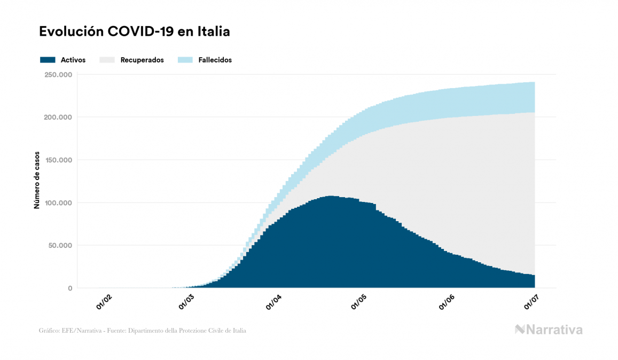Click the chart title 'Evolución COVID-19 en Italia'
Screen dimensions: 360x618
[135, 32]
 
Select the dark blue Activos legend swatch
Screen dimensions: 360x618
[48, 60]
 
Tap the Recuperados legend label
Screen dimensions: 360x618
[142, 60]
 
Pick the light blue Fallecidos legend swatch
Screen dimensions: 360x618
[185, 60]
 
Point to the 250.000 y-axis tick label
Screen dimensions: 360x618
[58, 74]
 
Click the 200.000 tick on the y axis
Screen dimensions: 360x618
[58, 117]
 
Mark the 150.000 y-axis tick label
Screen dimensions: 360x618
[58, 160]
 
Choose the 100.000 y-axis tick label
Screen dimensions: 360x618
[58, 203]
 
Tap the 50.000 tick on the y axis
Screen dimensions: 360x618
[60, 246]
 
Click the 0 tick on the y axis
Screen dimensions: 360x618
[69, 288]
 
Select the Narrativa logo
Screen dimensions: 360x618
[549, 330]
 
